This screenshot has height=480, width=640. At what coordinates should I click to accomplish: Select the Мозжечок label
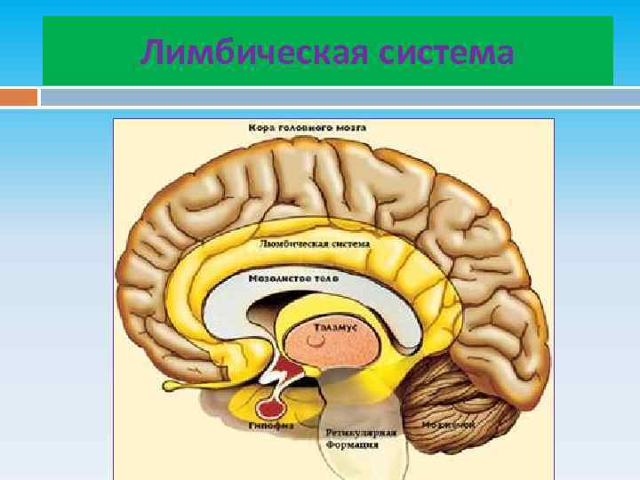[x=450, y=424]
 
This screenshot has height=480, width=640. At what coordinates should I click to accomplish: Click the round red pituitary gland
[x=269, y=408]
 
